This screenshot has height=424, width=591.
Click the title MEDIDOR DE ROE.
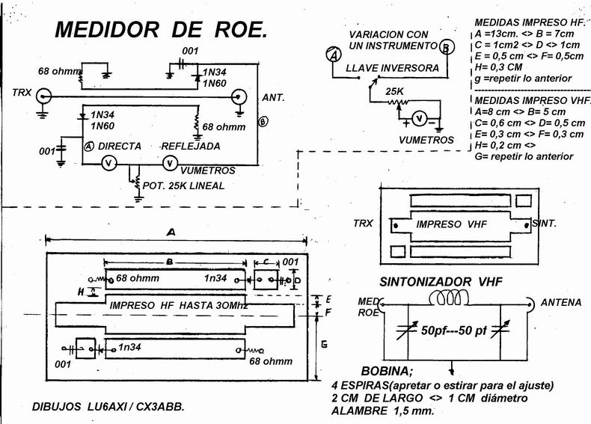point(160,31)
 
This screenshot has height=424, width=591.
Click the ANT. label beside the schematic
point(272,98)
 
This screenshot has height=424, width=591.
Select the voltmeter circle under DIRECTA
point(108,162)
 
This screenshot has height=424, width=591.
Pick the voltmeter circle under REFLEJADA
point(171,162)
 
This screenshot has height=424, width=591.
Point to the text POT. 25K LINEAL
point(185,185)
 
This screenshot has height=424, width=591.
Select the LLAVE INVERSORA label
point(392,68)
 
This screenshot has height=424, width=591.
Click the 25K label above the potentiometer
point(394,92)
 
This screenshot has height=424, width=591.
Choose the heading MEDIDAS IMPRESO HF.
point(525,24)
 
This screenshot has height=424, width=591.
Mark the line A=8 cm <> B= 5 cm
point(518,111)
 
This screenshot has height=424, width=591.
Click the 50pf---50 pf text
point(454,330)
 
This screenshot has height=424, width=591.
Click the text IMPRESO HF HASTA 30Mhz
point(179,306)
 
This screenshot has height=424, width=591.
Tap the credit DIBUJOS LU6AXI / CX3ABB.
point(108,408)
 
